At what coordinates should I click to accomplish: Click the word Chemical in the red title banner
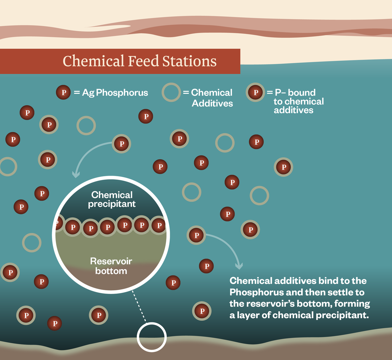pos(93,61)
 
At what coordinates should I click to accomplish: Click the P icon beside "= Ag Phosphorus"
pos(63,93)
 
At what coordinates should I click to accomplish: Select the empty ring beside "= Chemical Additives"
pos(171,92)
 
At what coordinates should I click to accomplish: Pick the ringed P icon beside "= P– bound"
pos(255,93)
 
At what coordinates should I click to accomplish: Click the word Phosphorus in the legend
pos(122,93)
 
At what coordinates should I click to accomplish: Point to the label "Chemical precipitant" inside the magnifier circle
pos(112,199)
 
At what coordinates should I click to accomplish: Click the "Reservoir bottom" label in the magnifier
pos(111,266)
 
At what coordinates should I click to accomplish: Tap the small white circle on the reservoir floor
pos(152,337)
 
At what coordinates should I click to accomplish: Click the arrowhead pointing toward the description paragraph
pos(239,265)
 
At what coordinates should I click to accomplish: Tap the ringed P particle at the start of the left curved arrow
pos(122,144)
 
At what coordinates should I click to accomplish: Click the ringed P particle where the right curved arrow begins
pos(196,235)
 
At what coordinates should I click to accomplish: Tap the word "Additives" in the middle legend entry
pos(212,104)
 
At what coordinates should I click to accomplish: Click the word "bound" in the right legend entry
pos(302,93)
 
